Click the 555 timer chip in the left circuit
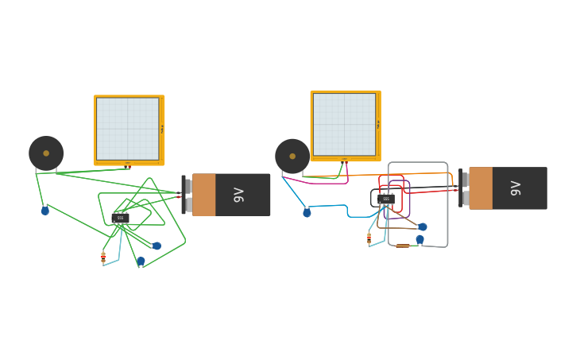[121, 217]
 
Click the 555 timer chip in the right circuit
[386, 199]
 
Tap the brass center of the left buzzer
[46, 153]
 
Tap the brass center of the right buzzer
[292, 157]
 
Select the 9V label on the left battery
[238, 195]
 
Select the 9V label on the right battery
[516, 188]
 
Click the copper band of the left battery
[204, 195]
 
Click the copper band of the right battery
[481, 188]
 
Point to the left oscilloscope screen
[127, 129]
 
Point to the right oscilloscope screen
[344, 124]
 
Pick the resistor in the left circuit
[103, 257]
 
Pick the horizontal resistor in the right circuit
[403, 246]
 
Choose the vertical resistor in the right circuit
[369, 238]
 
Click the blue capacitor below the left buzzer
[45, 211]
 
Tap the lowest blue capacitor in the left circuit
[141, 261]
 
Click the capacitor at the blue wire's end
[307, 213]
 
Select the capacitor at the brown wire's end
[422, 226]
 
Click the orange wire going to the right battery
[421, 173]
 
